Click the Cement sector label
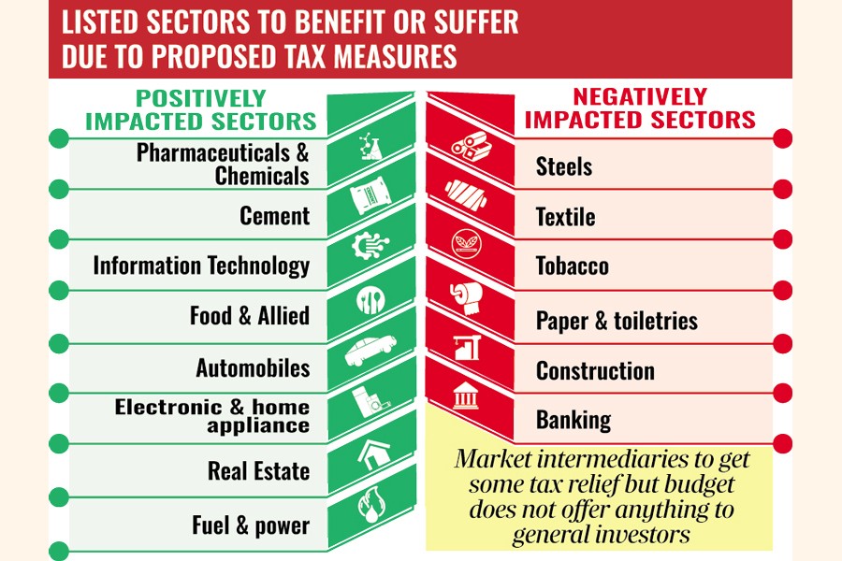(274, 216)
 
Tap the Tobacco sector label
(572, 266)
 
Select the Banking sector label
(573, 420)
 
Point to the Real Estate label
(258, 469)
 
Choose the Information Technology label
(201, 266)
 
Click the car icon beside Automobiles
(370, 352)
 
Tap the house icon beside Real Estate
(370, 455)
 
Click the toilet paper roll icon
(465, 297)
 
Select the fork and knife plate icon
(370, 301)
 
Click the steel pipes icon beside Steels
(466, 146)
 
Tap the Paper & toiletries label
(617, 321)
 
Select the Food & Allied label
(249, 316)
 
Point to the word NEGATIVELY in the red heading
(640, 96)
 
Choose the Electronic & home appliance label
(211, 416)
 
